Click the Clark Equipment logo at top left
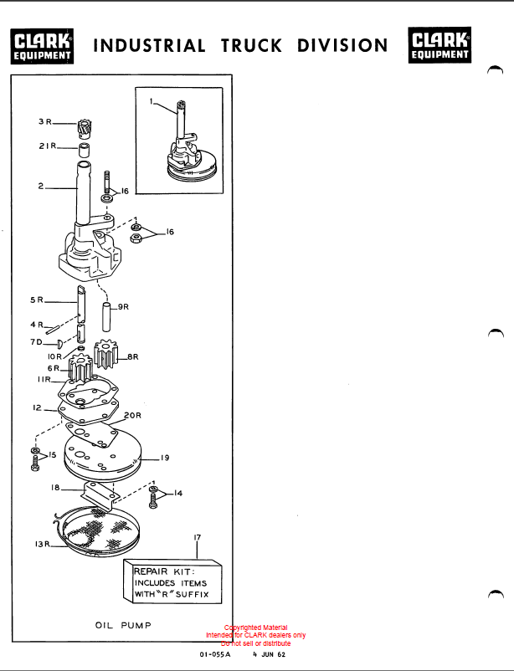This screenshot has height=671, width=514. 42,46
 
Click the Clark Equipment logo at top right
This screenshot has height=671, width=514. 439,45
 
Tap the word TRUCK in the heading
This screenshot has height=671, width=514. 251,45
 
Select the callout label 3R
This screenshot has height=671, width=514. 45,121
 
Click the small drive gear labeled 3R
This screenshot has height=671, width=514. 84,128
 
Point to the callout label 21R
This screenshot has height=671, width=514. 48,146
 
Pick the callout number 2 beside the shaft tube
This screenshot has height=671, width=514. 41,186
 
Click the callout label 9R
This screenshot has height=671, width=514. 123,307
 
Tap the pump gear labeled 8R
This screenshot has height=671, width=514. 105,353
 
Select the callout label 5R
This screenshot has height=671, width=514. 37,300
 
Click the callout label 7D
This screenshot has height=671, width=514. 36,342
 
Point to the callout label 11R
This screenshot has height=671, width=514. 44,380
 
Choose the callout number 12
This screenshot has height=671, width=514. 38,407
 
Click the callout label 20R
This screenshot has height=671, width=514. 132,416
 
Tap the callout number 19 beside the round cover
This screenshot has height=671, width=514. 165,458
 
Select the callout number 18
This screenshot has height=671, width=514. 55,488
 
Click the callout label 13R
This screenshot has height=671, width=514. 43,545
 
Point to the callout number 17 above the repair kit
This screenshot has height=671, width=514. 197,537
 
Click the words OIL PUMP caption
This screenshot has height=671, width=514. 123,625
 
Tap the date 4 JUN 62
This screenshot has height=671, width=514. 269,655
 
